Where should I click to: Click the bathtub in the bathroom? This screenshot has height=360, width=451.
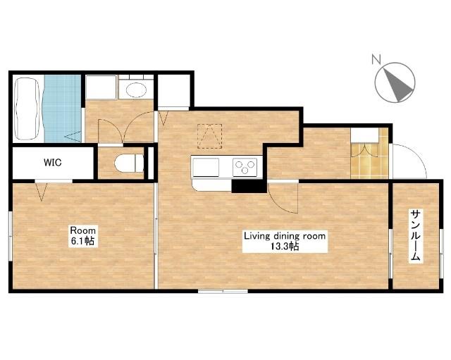(x=27, y=108)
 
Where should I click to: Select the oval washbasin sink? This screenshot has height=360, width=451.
(x=136, y=90)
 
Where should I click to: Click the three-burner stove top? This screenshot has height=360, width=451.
(x=245, y=167)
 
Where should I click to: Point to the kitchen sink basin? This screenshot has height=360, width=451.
(x=206, y=167)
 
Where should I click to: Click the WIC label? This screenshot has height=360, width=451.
(x=53, y=163)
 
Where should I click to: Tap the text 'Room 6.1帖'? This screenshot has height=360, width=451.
(x=83, y=236)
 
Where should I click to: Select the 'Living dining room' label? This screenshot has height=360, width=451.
(x=285, y=236)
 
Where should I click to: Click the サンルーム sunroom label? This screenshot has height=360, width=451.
(x=416, y=236)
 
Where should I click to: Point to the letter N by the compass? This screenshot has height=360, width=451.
(x=376, y=59)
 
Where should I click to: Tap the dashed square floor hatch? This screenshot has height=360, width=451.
(x=210, y=136)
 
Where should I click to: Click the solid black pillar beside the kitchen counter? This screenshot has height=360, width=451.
(x=249, y=186)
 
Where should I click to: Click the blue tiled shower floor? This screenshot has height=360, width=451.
(x=63, y=108)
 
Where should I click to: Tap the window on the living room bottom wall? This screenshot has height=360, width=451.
(x=223, y=291)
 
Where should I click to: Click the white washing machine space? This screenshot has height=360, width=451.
(x=101, y=87)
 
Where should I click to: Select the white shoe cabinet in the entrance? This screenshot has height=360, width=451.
(x=364, y=135)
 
